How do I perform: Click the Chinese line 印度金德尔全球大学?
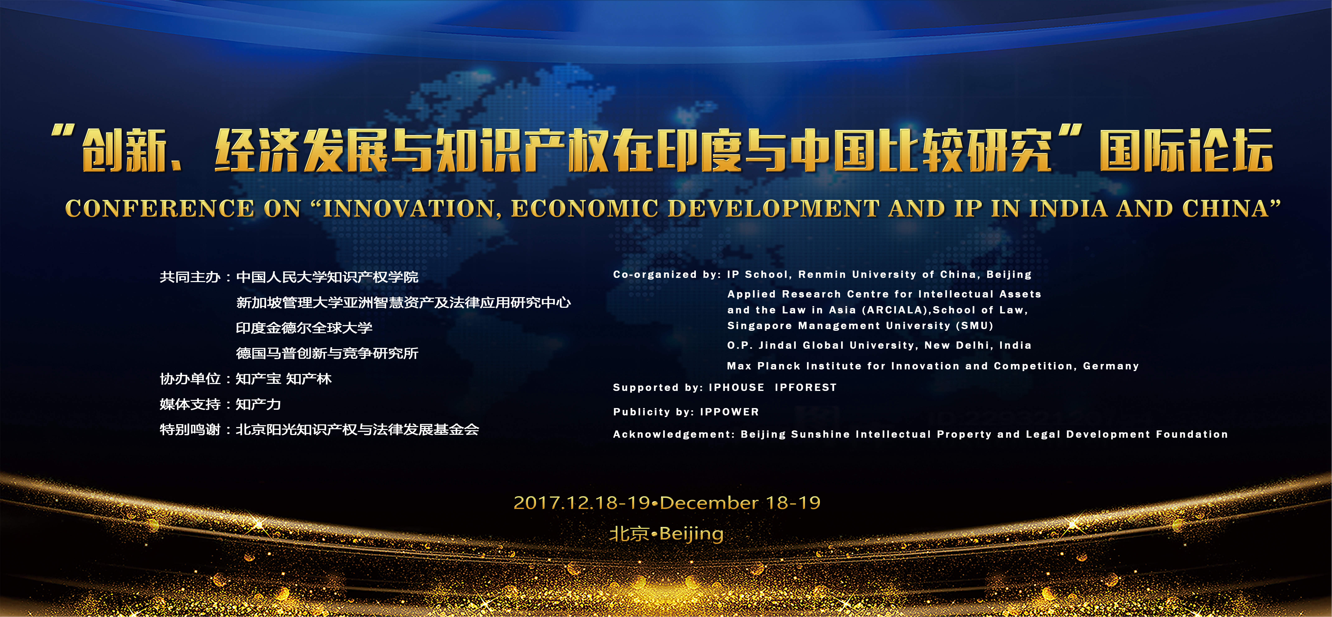coord(304,328)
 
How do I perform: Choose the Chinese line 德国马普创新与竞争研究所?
coord(327,353)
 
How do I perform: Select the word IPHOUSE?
coord(736,387)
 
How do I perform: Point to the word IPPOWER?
coord(729,412)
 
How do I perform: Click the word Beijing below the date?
coord(691,534)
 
